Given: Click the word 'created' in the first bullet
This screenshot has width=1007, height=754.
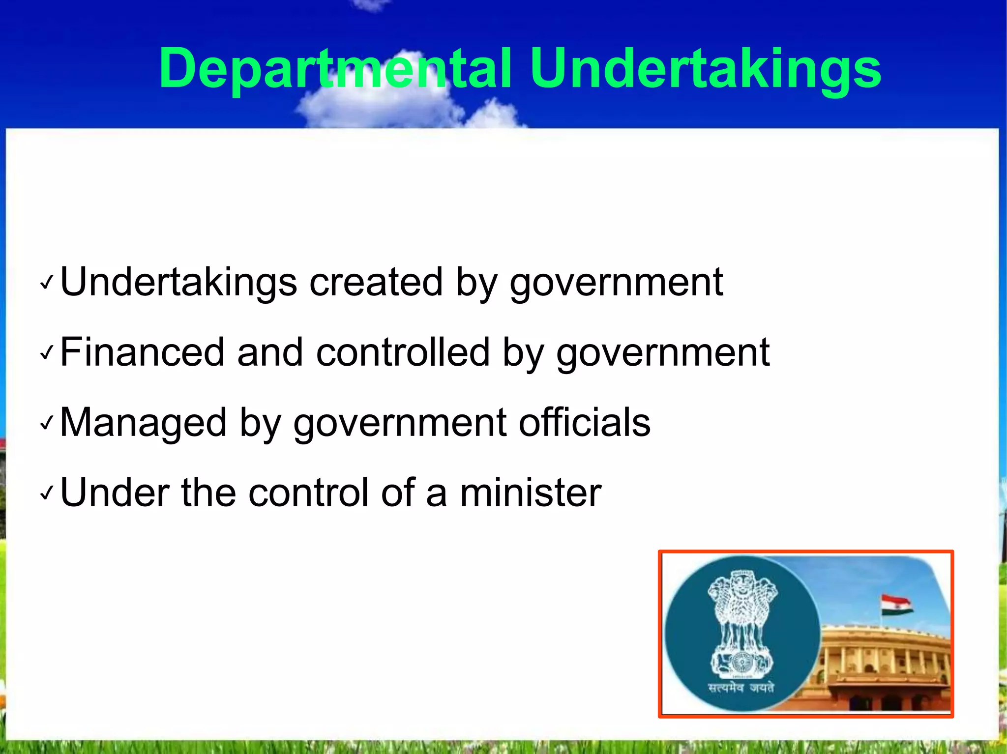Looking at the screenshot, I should click(x=376, y=283).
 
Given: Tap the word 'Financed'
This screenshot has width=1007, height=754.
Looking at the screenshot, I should click(x=142, y=352).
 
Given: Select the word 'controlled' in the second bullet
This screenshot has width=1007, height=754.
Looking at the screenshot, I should click(x=403, y=352).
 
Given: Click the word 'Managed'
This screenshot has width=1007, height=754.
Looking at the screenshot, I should click(x=143, y=423).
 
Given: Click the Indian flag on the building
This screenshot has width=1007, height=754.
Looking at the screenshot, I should click(x=896, y=605).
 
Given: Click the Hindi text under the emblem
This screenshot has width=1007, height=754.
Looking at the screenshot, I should click(x=741, y=688).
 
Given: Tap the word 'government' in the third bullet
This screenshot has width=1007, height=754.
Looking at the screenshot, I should click(x=400, y=424).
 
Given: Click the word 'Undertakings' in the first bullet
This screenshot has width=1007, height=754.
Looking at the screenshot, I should click(x=178, y=283).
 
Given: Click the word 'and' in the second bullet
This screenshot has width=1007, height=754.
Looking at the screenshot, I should click(x=270, y=352).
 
